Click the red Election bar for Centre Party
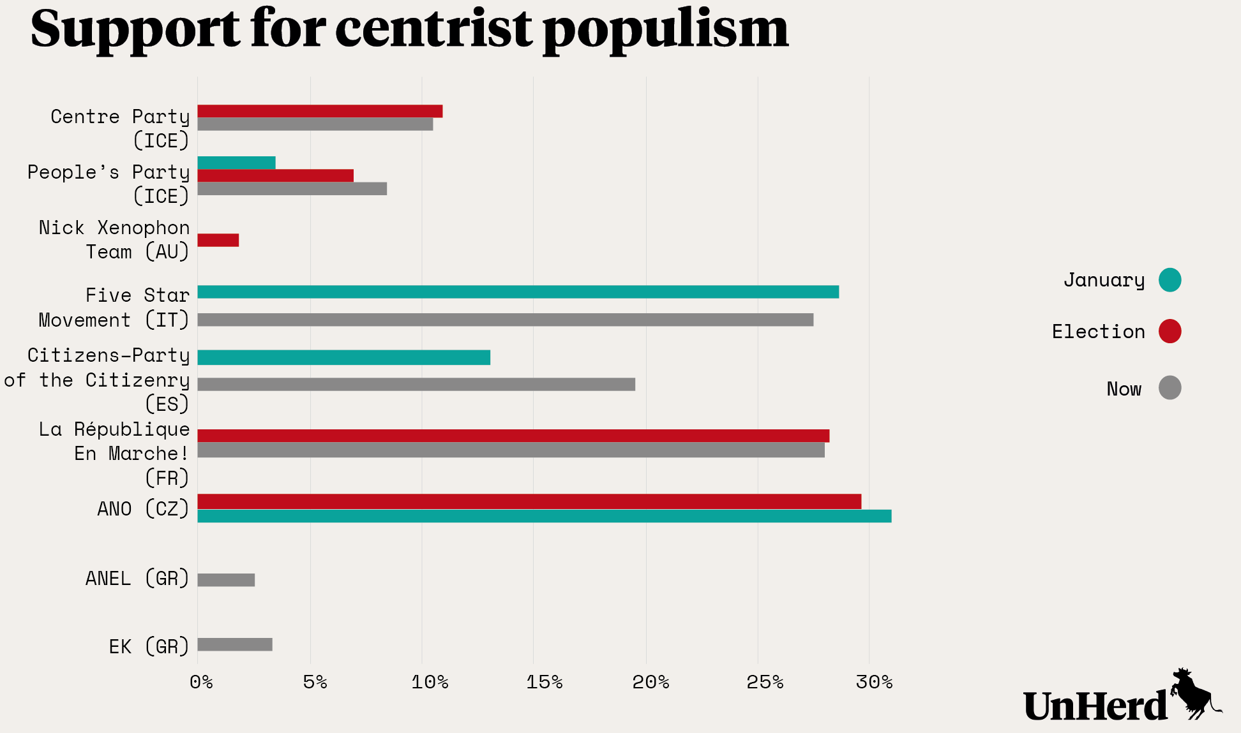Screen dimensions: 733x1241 point(319,112)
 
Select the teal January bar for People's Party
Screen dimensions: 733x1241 point(236,163)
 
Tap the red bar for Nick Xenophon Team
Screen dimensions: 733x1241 point(218,240)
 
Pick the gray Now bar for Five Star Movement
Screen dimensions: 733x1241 point(505,320)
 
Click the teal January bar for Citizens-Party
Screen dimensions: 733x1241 point(343,357)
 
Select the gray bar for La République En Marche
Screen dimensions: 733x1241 point(511,450)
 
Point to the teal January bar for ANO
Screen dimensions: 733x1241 point(544,516)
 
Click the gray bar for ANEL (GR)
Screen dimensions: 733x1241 point(226,580)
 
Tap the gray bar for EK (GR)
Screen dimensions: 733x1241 point(235,644)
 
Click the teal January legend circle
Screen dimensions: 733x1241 point(1170,280)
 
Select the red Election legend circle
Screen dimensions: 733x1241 point(1170,331)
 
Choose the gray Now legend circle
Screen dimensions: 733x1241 point(1170,388)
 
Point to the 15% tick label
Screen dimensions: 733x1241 point(544,683)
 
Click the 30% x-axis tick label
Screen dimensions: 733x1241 point(874,683)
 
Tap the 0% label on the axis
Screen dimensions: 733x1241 point(201,683)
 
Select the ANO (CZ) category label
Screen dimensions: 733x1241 point(143,509)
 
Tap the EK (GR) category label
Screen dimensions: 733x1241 point(149,646)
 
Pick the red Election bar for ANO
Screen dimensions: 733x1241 point(529,501)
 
